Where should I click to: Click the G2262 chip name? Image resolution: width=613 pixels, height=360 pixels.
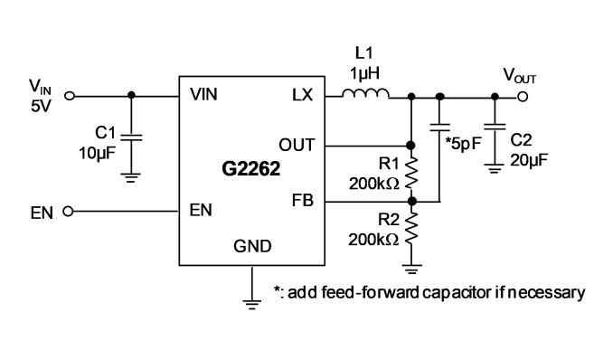tap(251, 169)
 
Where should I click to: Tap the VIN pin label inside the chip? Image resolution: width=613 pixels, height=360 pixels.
tap(203, 95)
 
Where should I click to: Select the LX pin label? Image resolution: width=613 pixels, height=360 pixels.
tap(303, 95)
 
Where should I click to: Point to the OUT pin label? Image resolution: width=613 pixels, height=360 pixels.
tap(297, 145)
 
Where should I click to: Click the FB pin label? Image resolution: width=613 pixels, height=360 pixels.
tap(303, 200)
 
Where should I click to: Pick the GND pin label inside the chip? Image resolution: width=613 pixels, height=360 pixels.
tap(252, 246)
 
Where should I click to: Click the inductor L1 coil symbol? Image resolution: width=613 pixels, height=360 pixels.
tap(365, 93)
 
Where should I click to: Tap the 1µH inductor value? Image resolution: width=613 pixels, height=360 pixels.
tap(364, 73)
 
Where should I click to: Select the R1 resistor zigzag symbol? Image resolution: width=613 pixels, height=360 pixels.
tap(411, 173)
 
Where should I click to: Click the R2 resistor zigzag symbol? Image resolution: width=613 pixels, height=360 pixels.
tap(411, 229)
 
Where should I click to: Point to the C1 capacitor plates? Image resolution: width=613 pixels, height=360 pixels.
tap(131, 137)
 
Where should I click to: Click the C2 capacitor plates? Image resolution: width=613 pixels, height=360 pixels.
tap(495, 127)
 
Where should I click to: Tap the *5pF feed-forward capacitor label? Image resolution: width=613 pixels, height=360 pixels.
tap(463, 144)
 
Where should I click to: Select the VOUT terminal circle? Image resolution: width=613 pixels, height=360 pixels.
tap(523, 97)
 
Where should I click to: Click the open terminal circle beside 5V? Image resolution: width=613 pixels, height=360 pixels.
tap(70, 96)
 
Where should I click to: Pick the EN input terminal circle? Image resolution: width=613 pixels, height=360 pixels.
tap(68, 212)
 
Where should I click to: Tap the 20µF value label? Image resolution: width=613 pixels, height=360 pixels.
tap(529, 160)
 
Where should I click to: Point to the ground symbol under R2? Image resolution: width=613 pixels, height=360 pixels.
tap(411, 269)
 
